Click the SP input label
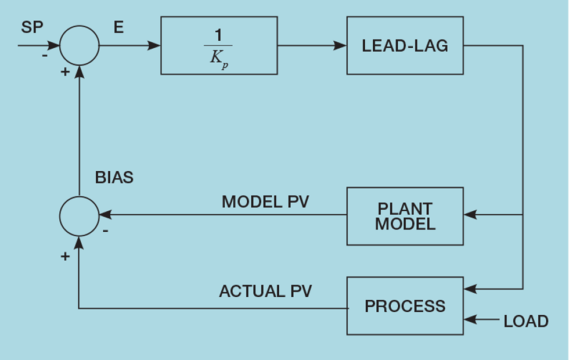32,27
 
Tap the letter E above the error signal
118,27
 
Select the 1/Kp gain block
219,45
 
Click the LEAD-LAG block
405,45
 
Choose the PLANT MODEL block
405,216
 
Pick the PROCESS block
405,306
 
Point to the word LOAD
526,321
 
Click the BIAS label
114,178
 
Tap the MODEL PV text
265,202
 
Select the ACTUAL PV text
265,291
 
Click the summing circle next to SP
80,45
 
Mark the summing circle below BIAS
80,216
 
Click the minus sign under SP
45,56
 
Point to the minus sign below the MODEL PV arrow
106,231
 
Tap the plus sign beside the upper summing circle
65,72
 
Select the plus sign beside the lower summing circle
65,255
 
